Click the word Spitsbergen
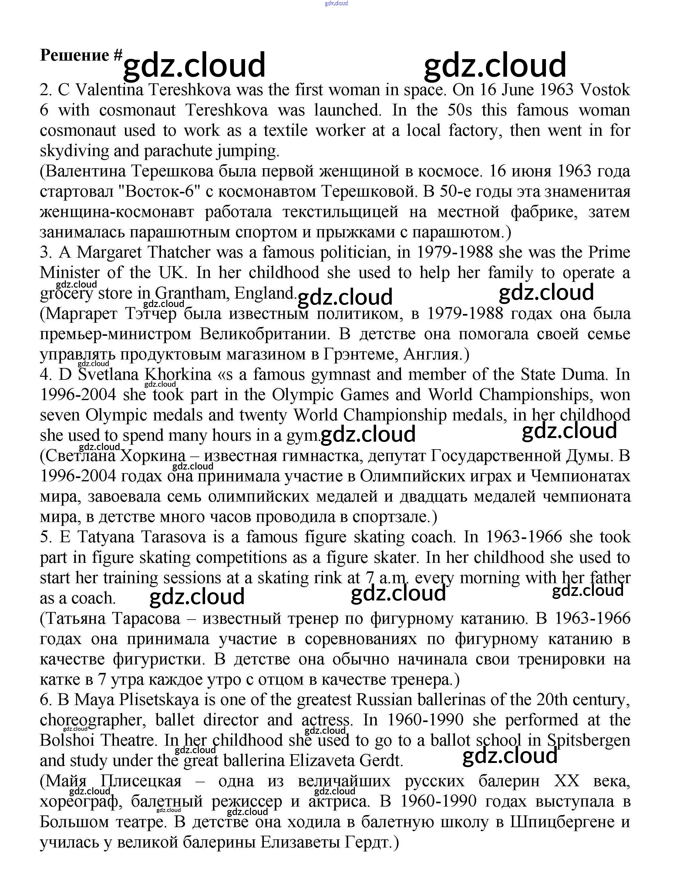tap(589, 741)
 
